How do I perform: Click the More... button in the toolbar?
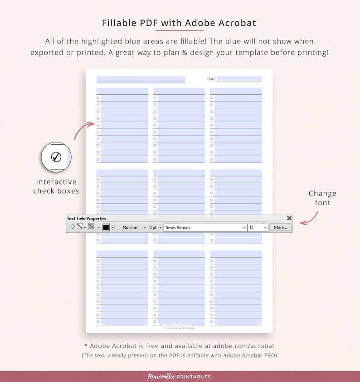pos(280,227)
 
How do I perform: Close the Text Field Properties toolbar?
pos(289,218)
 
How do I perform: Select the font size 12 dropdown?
pos(258,227)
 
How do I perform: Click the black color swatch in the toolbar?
pos(106,227)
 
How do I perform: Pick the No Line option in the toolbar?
pos(130,227)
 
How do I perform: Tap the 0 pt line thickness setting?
pos(153,227)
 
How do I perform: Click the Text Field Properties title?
pos(87,218)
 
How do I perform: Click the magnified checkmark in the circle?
pos(56,157)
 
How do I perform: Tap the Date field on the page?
pos(239,79)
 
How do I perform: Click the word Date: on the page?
pos(212,79)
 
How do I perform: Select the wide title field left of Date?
pos(141,79)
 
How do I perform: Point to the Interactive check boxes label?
pos(56,186)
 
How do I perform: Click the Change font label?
pos(322,198)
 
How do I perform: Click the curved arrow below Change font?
pos(310,216)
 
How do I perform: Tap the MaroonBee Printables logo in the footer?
pos(180,377)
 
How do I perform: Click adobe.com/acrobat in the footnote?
pos(243,346)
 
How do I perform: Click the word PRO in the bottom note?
pos(269,355)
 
